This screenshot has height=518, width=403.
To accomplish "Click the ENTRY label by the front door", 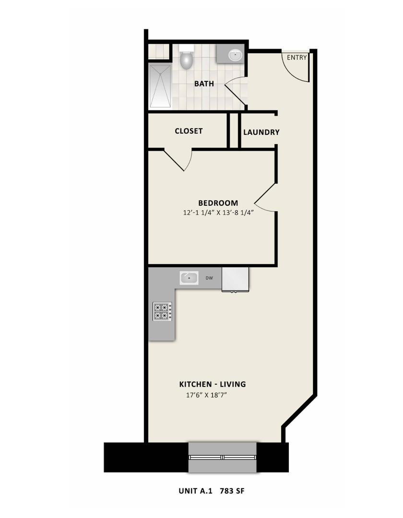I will [296, 58].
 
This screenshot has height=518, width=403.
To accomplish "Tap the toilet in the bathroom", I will [186, 58].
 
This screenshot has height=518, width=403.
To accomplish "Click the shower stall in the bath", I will [160, 86].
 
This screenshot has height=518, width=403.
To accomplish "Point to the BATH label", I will [204, 84].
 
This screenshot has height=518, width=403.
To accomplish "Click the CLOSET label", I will [189, 131].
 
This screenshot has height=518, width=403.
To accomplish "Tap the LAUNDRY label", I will [261, 132].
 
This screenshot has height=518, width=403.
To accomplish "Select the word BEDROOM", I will [218, 203].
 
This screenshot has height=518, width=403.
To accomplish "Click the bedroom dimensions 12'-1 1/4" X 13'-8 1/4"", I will [218, 213].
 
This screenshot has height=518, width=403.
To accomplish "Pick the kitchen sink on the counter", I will [190, 278].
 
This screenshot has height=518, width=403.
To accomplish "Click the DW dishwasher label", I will [210, 278].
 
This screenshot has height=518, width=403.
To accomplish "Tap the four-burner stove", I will [162, 312].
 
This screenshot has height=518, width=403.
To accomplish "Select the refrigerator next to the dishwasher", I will [235, 279].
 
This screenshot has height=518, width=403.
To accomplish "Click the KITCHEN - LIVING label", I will [213, 384].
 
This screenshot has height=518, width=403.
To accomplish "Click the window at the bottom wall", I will [222, 457].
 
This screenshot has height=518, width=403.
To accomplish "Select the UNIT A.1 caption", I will [197, 491].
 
